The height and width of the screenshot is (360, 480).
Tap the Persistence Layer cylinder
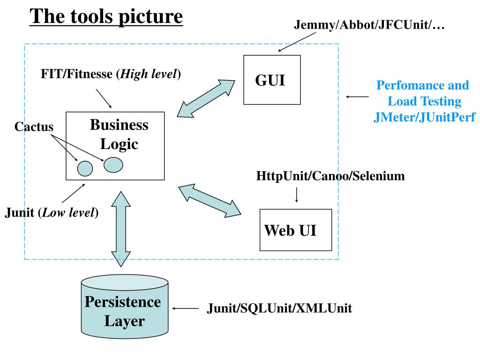125,307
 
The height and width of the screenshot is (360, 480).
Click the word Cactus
34,127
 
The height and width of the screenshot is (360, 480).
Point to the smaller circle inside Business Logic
85,168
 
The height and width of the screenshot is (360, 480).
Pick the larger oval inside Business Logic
113,165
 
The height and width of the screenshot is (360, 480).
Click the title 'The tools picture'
106,16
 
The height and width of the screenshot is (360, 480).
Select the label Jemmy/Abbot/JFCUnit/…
369,24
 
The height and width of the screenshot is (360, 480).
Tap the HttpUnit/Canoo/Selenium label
330,176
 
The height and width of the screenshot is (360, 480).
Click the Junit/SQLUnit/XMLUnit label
279,308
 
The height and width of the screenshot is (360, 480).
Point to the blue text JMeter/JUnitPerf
425,117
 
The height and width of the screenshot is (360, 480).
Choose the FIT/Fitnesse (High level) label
111,74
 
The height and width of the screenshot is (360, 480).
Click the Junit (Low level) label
52,212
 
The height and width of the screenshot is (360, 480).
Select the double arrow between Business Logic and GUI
206,98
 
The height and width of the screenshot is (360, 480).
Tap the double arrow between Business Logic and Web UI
210,201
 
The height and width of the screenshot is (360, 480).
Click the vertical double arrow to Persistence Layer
121,229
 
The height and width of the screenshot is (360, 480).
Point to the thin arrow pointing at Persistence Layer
186,308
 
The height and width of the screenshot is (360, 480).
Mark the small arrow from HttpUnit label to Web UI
296,195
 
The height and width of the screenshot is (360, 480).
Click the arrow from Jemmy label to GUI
297,42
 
